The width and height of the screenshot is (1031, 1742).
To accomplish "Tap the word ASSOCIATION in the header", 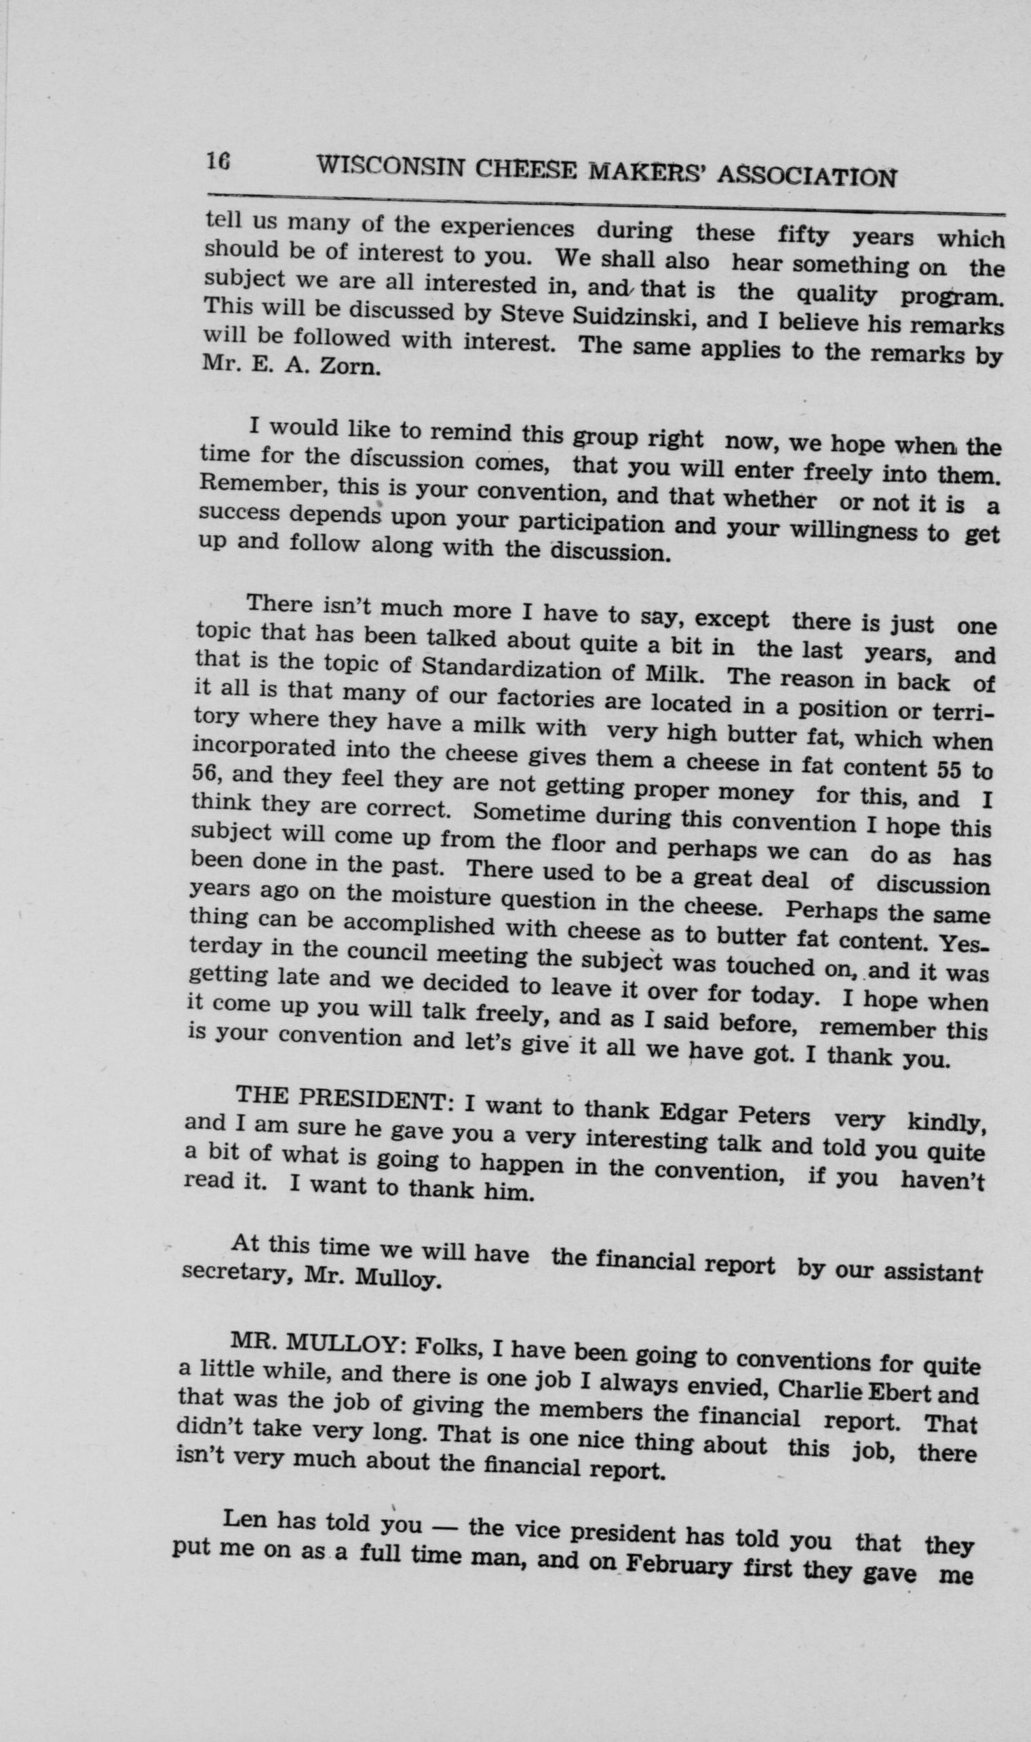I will click(x=805, y=177).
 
